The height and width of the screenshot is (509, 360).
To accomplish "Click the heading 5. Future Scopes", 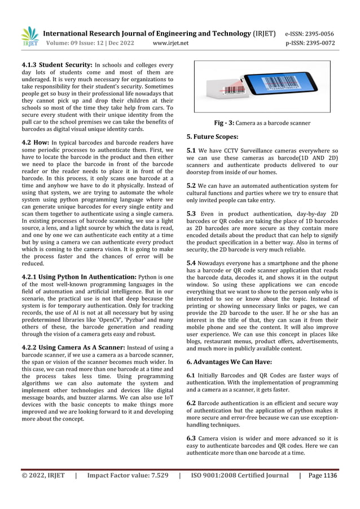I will pyautogui.click(x=213, y=137).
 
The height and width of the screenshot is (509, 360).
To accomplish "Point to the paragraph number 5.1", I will pyautogui.click(x=191, y=151).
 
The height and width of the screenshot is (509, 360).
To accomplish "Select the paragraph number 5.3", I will pyautogui.click(x=191, y=214).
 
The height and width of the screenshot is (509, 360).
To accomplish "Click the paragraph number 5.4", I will pyautogui.click(x=191, y=263).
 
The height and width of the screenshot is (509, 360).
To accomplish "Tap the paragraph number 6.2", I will pyautogui.click(x=191, y=403).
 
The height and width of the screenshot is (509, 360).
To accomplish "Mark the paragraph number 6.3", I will pyautogui.click(x=191, y=438).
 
